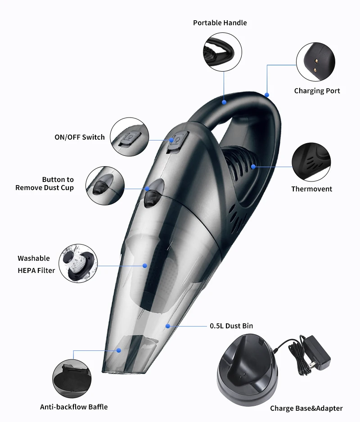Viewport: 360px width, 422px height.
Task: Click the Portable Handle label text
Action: pyautogui.click(x=220, y=23)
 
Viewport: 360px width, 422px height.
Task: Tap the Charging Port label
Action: pyautogui.click(x=317, y=91)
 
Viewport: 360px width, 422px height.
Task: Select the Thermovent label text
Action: pyautogui.click(x=311, y=189)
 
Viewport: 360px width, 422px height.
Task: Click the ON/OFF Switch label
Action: pyautogui.click(x=80, y=137)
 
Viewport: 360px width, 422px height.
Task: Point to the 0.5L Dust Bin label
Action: pyautogui.click(x=234, y=326)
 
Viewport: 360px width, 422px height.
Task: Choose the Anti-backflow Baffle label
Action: pyautogui.click(x=74, y=407)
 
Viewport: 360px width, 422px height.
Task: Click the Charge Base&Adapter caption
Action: pyautogui.click(x=306, y=408)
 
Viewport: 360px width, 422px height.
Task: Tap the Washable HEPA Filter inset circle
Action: pyautogui.click(x=78, y=263)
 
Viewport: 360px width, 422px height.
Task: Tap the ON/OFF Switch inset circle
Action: pyautogui.click(x=130, y=137)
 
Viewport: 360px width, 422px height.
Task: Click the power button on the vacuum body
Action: pyautogui.click(x=174, y=141)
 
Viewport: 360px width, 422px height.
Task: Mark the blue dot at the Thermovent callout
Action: pyautogui.click(x=253, y=167)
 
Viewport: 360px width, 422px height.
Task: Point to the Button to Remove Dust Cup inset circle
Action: pyautogui.click(x=104, y=186)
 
